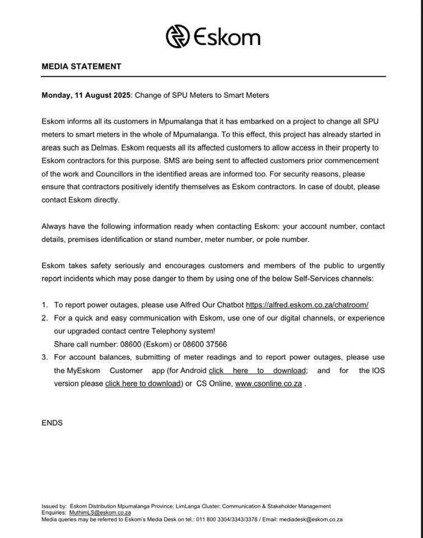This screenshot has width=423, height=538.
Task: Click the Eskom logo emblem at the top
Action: (178, 36)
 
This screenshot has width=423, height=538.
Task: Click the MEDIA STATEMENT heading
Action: (81, 66)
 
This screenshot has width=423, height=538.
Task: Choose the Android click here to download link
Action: (258, 370)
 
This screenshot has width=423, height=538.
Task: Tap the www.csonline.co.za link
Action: (268, 384)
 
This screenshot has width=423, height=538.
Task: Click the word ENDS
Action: (52, 423)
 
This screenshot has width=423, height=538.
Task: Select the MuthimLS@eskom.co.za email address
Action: (100, 513)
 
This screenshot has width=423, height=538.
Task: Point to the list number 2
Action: (44, 318)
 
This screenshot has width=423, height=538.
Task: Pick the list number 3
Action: (44, 358)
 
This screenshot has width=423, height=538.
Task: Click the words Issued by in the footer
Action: (54, 506)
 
